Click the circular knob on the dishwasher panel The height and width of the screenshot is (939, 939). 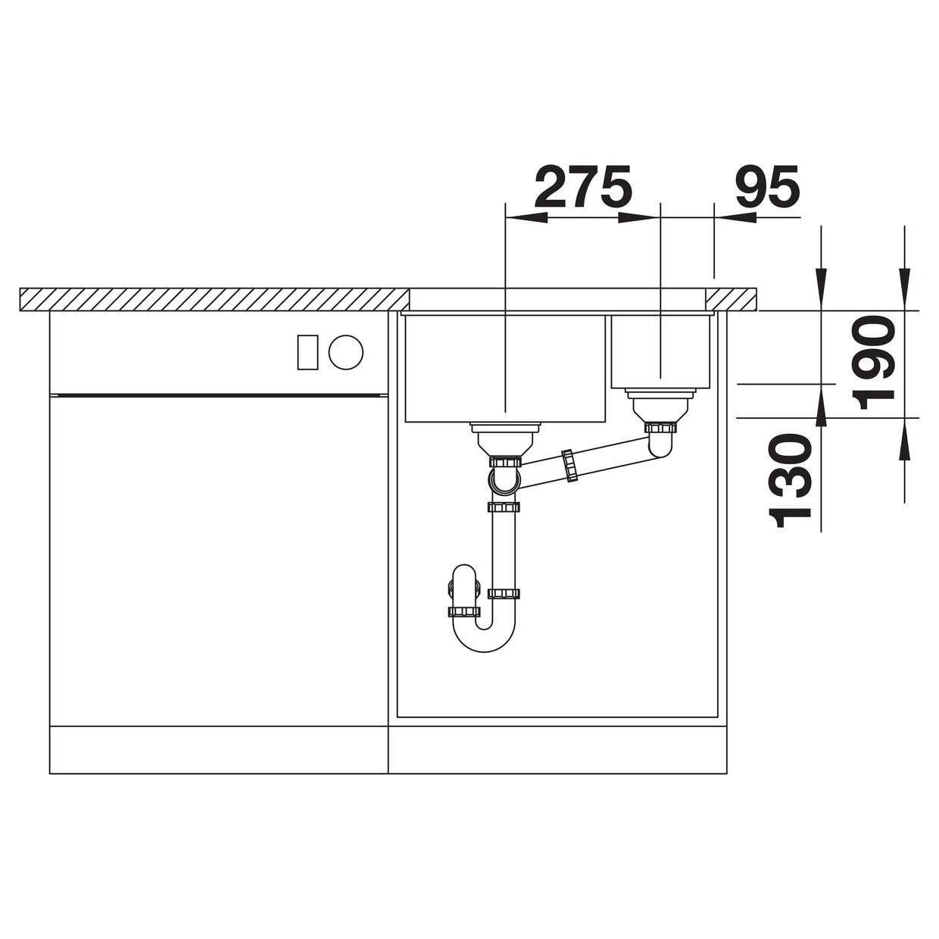tap(345, 352)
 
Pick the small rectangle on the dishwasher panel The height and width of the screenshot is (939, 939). tap(307, 352)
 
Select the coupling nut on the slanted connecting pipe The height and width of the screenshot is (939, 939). tap(570, 466)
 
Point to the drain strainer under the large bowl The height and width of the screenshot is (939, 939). tap(505, 439)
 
